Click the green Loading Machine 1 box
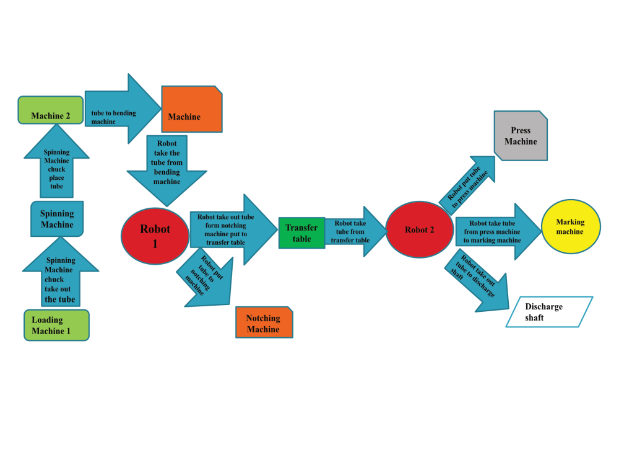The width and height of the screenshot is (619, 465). coord(56,325)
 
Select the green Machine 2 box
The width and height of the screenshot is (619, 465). coord(51,110)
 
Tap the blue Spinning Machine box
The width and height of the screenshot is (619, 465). coord(57,219)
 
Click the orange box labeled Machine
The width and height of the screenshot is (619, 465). coord(192,108)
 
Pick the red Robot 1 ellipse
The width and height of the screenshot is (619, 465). coord(155,236)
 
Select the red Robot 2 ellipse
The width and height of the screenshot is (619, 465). coord(419,229)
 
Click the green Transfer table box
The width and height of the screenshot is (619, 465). coord(302,233)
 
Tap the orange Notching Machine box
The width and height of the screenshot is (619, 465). coord(264,322)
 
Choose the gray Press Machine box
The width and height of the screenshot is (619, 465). coord(521,136)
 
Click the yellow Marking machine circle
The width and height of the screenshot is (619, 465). coord(571,226)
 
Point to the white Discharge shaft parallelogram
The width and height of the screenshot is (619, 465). coord(549,312)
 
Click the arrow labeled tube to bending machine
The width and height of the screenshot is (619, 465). coord(123,108)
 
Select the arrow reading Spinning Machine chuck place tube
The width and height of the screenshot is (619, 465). coord(56,162)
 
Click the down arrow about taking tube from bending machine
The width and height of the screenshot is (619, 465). coord(167,170)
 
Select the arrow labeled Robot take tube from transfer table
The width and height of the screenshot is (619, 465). coord(355,231)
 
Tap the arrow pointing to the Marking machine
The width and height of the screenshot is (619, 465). coord(498,232)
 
